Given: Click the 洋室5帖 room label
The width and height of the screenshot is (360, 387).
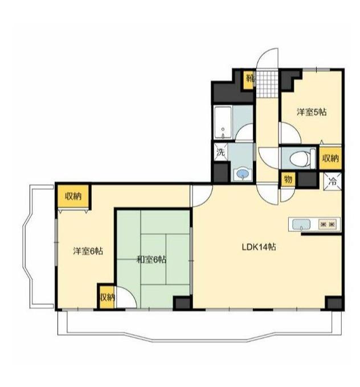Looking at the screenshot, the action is pyautogui.click(x=312, y=112).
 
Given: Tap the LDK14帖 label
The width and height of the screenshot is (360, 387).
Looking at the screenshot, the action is pyautogui.click(x=259, y=247).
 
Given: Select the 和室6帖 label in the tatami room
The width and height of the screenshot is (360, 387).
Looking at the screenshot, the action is pyautogui.click(x=152, y=260).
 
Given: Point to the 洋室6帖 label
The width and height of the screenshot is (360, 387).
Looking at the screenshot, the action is pyautogui.click(x=88, y=251).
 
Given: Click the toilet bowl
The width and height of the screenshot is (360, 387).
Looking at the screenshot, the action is pyautogui.click(x=299, y=158).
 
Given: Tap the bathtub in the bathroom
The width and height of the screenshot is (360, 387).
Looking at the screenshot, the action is pyautogui.click(x=223, y=123).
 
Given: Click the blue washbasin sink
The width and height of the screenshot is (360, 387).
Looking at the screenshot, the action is pyautogui.click(x=243, y=174).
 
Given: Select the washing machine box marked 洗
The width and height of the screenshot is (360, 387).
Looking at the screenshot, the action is pyautogui.click(x=220, y=152).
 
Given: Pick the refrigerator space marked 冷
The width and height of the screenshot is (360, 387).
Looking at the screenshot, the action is pyautogui.click(x=333, y=182).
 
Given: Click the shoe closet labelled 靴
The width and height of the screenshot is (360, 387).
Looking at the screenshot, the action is pyautogui.click(x=249, y=80).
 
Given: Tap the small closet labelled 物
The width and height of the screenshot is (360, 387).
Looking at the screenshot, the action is pyautogui.click(x=288, y=180).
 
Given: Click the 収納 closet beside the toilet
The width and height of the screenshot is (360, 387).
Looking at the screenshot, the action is pyautogui.click(x=330, y=158).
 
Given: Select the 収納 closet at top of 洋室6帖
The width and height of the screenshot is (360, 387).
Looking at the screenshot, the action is pyautogui.click(x=73, y=196).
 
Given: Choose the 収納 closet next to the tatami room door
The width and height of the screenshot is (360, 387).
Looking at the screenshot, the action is pyautogui.click(x=107, y=297).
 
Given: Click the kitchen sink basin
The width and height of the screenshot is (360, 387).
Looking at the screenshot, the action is pyautogui.click(x=301, y=225).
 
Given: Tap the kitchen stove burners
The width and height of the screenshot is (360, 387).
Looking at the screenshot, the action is pyautogui.click(x=328, y=225).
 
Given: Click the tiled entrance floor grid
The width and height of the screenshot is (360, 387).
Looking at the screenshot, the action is pyautogui.click(x=267, y=84).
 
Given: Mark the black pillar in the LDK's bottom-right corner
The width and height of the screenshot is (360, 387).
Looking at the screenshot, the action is pyautogui.click(x=333, y=303).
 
